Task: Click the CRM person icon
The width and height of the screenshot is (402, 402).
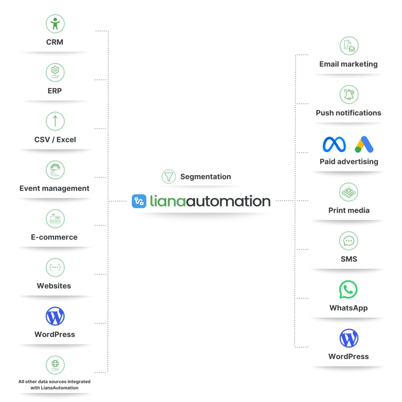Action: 55,24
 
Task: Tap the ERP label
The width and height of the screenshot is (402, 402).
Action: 55,91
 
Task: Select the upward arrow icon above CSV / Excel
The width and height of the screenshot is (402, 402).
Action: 55,121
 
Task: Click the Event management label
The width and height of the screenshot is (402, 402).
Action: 55,188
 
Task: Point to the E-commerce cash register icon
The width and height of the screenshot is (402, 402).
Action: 55,219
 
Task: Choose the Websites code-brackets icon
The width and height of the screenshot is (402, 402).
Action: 55,267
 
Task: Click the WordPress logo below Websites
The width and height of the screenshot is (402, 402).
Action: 55,316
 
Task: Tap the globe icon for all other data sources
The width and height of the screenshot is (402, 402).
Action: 55,364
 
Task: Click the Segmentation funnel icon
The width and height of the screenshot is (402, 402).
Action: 168,177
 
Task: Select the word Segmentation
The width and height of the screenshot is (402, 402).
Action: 205,177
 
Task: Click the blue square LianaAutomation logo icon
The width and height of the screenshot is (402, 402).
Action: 139,201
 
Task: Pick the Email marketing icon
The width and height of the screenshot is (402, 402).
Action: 349,46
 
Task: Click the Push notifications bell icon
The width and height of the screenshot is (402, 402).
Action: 349,94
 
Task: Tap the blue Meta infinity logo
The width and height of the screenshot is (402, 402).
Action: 334,144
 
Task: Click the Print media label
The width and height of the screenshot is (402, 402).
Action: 349,210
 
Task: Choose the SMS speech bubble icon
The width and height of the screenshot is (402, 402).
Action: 349,241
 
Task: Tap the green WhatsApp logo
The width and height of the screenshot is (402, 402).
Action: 348,289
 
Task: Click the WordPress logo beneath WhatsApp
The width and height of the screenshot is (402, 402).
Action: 349,338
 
